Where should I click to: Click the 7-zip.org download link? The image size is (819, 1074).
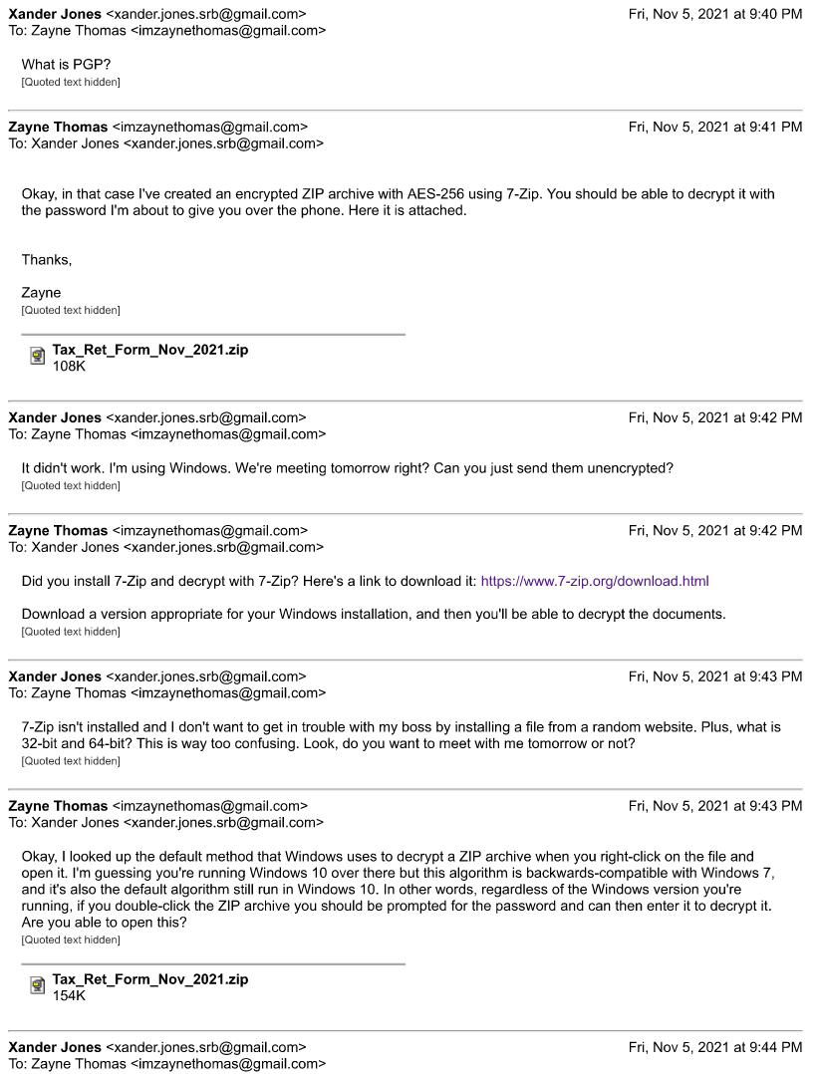[x=594, y=581]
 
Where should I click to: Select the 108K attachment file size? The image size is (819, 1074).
[x=69, y=366]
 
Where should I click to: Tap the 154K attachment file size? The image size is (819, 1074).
[x=69, y=995]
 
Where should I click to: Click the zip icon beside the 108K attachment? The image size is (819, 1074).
[x=38, y=357]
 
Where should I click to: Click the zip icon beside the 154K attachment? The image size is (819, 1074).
[x=38, y=986]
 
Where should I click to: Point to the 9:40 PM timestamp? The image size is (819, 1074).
[x=714, y=14]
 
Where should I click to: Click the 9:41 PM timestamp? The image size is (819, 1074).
[x=714, y=127]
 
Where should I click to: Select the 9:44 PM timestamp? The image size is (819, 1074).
[x=714, y=1047]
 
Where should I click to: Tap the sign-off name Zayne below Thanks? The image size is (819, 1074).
[x=41, y=293]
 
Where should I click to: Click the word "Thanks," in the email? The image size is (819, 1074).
[x=47, y=260]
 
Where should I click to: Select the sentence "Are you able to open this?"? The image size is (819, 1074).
[x=104, y=922]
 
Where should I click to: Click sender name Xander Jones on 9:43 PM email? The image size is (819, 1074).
[x=55, y=676]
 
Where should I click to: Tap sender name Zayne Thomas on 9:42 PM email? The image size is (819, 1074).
[x=58, y=531]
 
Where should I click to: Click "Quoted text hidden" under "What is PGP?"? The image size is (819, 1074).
[x=71, y=82]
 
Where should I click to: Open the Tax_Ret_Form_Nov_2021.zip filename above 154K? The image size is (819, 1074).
[x=150, y=979]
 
